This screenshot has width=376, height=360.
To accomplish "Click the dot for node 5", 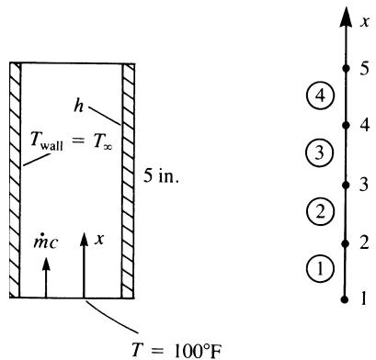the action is pos(346,68).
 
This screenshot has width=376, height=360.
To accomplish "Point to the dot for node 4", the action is pos(346,125).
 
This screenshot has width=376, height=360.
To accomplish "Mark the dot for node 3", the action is pos(346,185).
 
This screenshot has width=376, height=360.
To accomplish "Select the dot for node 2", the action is pos(346,243).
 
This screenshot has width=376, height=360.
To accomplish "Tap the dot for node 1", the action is pos(345,299).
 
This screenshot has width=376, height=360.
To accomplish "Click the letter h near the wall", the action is pos(79,106).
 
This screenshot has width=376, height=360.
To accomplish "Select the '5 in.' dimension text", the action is pos(161,176).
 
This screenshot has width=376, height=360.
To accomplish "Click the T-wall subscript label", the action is pos(47,141).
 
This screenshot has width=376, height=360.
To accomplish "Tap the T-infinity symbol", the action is pos(103,141).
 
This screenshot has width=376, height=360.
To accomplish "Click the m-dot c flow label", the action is pos(46,242).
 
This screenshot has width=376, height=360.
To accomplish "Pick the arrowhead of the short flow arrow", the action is pos(46,264).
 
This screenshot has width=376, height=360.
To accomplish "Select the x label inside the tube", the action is pos(99,239).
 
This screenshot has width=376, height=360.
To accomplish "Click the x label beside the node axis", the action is pos(364,22).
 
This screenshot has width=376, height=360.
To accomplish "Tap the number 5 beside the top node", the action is pos(364,68).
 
